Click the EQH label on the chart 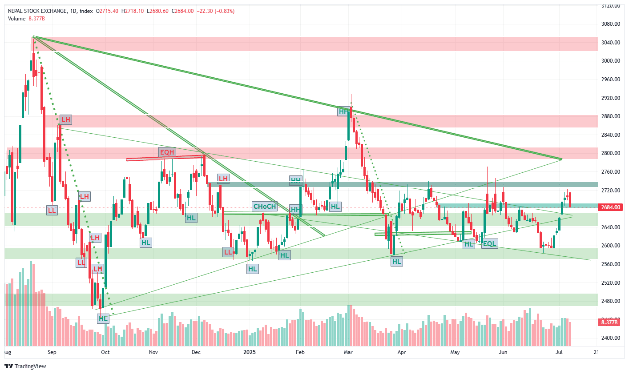click(167, 152)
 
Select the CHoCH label click(264, 207)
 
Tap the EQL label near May click(489, 244)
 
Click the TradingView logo click(25, 366)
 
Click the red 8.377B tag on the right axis click(609, 322)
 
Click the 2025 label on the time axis click(250, 353)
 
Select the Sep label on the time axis click(52, 353)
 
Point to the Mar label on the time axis click(348, 353)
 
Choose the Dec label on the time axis click(196, 353)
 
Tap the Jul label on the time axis click(559, 353)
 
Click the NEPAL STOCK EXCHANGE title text click(38, 11)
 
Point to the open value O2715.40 click(107, 11)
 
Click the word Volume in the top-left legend click(16, 19)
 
